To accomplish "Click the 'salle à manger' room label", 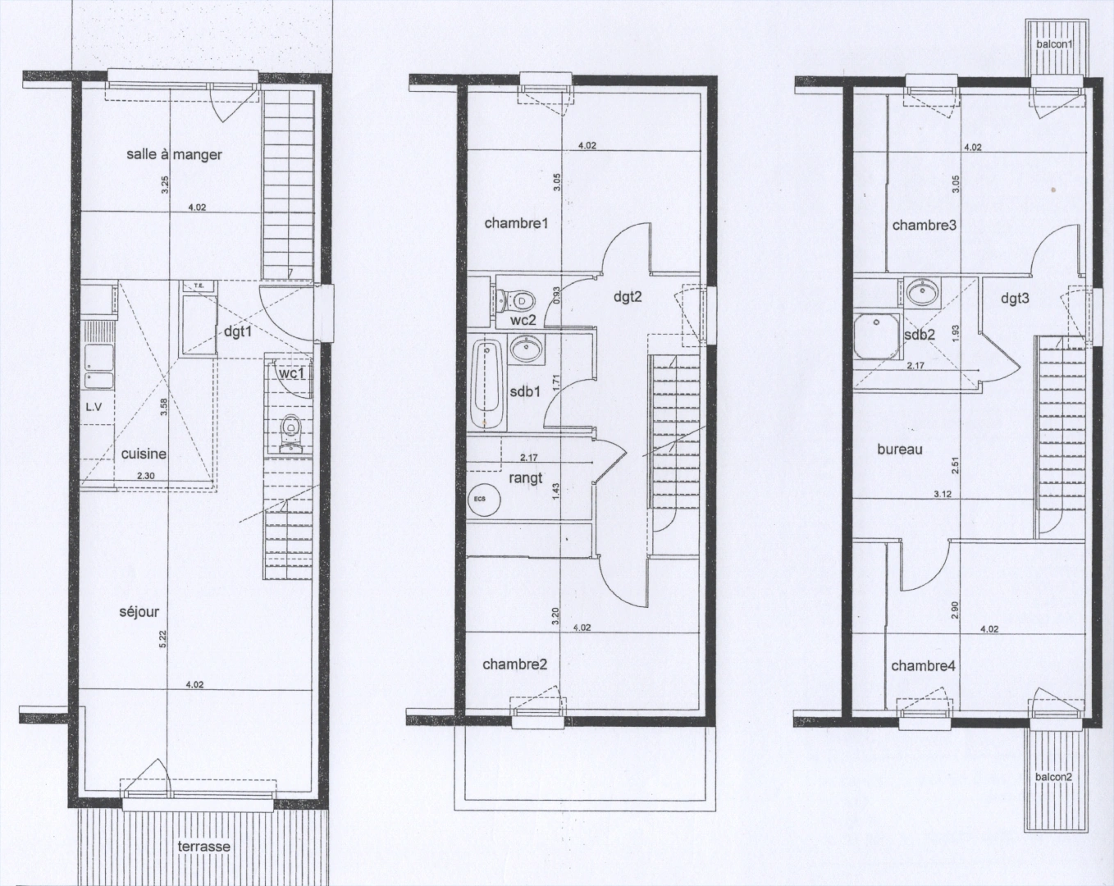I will [174, 154].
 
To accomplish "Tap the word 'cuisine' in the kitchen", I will [144, 454].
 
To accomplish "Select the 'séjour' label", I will [139, 611].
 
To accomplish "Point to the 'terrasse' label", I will [204, 846].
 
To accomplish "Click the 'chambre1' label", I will [515, 222].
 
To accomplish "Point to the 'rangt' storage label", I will [526, 477].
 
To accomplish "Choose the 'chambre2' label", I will [514, 664].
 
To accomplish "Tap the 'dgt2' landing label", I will [627, 297].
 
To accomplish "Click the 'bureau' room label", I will [900, 449].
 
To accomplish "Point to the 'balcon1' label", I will [1054, 43].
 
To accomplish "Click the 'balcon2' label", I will [1053, 776].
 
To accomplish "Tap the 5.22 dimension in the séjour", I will [164, 637].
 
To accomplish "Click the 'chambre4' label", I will [923, 665].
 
